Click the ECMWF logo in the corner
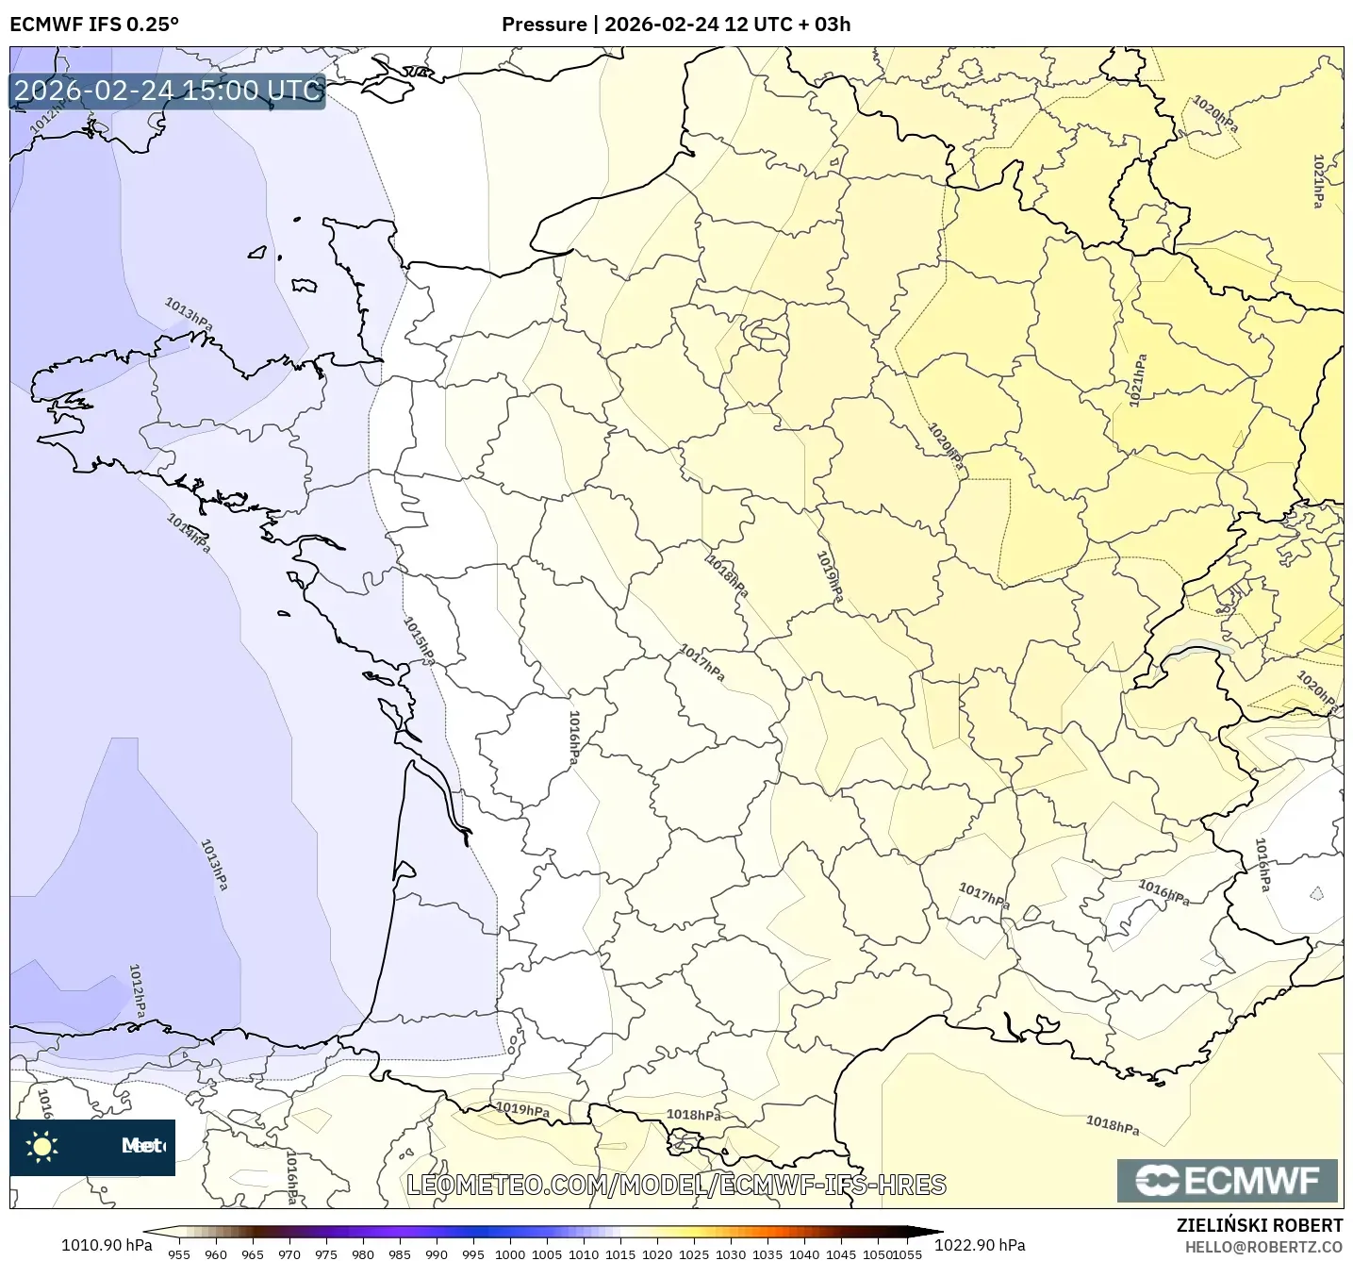point(1227,1181)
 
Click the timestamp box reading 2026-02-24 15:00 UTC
point(168,91)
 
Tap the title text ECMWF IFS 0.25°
point(93,25)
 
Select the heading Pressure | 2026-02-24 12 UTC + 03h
point(675,25)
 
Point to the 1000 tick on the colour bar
point(509,1253)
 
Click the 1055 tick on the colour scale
point(907,1253)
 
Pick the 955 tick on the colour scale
point(178,1253)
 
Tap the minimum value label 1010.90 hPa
point(106,1245)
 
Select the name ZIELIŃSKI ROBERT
point(1259,1225)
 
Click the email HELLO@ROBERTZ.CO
point(1262,1247)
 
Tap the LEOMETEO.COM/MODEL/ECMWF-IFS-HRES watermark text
point(676,1185)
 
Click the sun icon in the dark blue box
point(42,1147)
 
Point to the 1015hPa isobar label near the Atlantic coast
point(419,639)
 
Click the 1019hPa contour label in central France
point(830,575)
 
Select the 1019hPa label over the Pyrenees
point(521,1109)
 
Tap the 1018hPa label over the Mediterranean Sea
point(1112,1124)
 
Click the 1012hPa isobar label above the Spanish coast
point(138,989)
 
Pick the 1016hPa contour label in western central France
point(573,737)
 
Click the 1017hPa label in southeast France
point(983,895)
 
